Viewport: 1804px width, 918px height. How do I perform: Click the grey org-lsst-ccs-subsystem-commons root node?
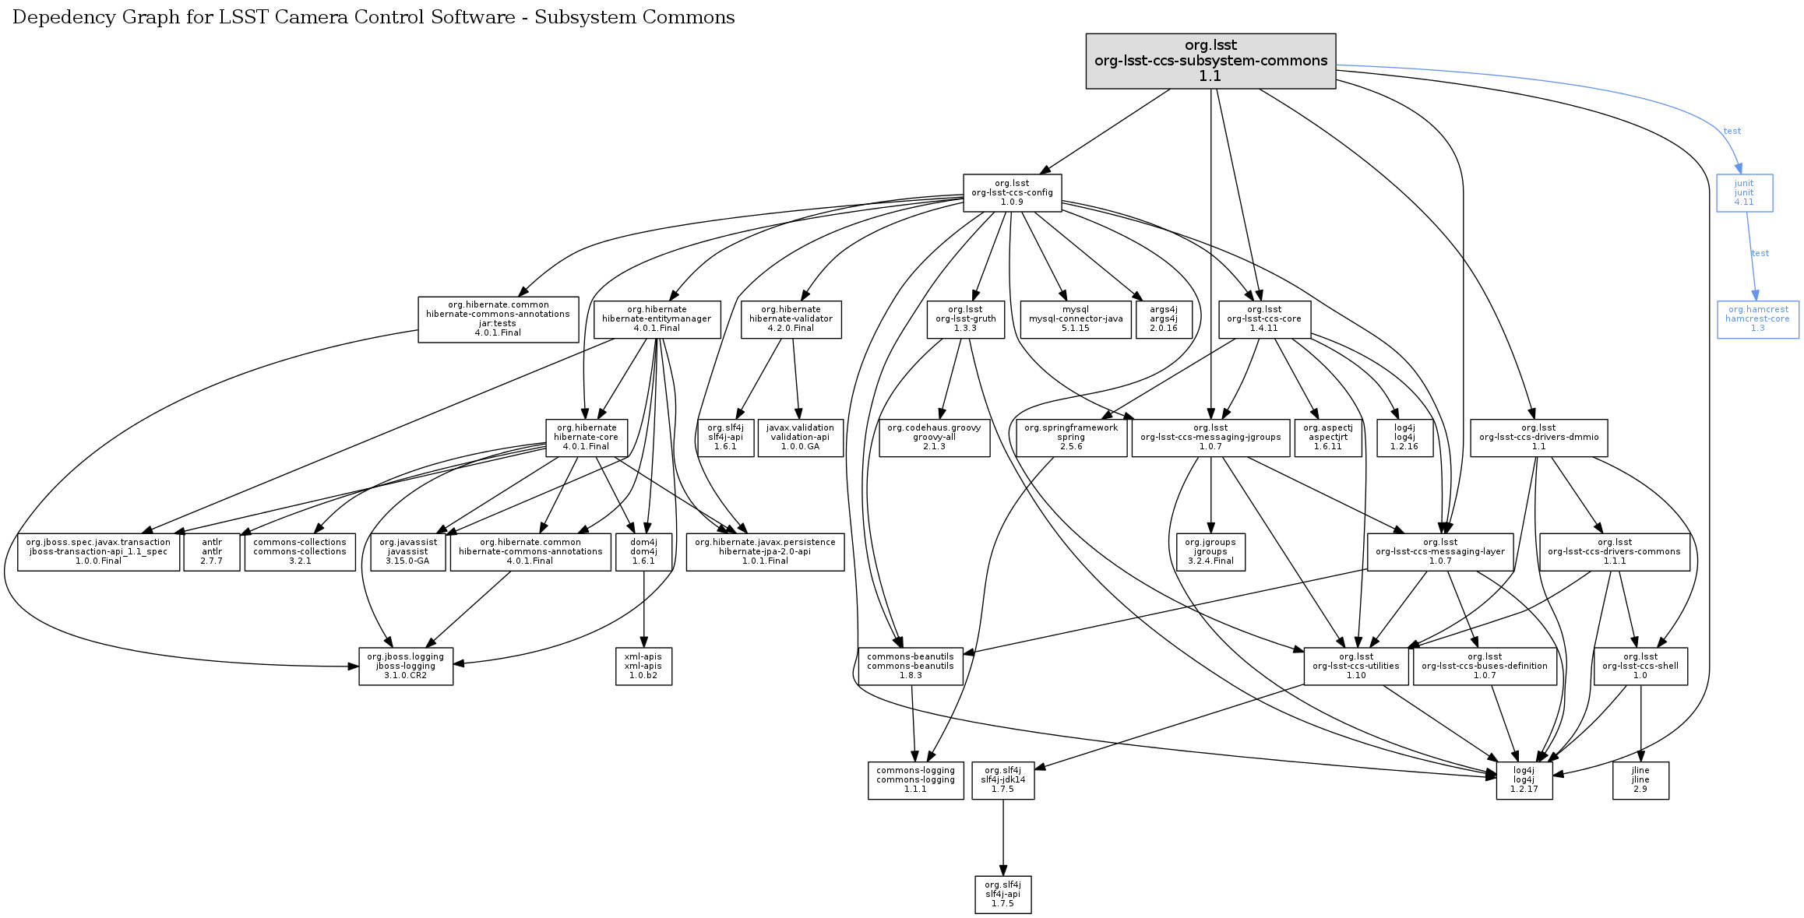(1210, 61)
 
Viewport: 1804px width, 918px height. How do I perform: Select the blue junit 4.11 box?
(1744, 193)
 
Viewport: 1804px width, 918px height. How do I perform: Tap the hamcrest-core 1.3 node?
(1757, 319)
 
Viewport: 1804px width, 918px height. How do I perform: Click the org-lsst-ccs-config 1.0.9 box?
(1012, 193)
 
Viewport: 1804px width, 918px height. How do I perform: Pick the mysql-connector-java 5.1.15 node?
(1075, 319)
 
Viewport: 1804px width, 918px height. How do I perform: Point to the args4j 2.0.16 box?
(1164, 319)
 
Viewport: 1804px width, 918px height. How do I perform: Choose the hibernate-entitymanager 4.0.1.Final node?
(657, 319)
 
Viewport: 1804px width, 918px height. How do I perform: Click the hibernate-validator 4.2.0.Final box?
(791, 319)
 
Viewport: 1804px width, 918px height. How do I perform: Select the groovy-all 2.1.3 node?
(934, 438)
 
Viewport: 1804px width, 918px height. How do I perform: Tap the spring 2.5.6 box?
(1071, 438)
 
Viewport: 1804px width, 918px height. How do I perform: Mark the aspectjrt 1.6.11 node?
(1327, 438)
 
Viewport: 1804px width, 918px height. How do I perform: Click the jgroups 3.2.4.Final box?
(1210, 552)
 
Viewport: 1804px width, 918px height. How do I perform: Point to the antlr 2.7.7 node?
(212, 552)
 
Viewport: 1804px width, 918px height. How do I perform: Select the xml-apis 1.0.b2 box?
(643, 667)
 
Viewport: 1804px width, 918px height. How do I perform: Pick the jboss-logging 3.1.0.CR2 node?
(405, 667)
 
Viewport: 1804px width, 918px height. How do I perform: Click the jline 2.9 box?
(1640, 780)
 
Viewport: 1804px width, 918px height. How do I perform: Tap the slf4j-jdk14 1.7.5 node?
(1002, 780)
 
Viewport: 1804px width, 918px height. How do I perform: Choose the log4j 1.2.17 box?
(1524, 780)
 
